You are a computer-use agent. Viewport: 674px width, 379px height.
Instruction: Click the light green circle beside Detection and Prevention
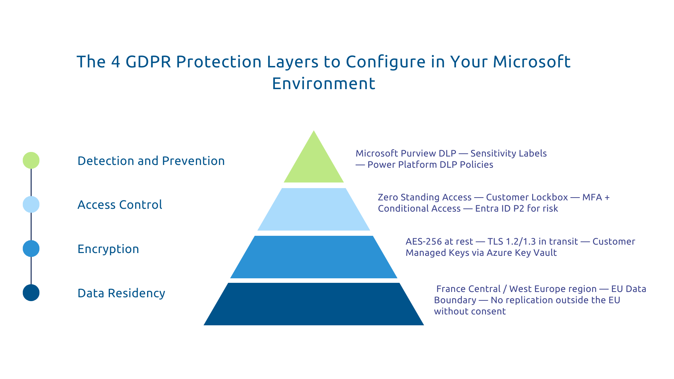(31, 160)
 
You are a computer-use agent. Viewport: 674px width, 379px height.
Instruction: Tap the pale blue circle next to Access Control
(31, 204)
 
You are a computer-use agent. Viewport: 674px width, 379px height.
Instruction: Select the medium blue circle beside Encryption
(31, 248)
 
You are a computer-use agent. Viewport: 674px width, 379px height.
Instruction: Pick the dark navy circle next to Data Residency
(31, 293)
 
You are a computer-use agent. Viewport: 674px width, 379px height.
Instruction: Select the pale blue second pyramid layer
(313, 210)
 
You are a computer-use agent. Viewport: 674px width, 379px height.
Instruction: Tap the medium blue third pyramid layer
(313, 257)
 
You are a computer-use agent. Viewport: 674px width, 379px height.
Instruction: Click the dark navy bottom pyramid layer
(313, 304)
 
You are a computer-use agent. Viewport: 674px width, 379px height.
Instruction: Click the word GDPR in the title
(148, 62)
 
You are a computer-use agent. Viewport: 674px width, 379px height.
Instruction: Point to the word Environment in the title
(324, 84)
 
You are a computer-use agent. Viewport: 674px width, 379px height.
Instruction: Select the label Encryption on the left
(108, 249)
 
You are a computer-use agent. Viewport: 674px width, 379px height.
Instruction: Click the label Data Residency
(121, 293)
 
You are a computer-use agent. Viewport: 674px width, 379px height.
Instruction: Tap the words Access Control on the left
(120, 205)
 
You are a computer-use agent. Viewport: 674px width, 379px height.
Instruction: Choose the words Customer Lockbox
(527, 197)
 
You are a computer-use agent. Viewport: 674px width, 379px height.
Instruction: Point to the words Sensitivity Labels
(508, 153)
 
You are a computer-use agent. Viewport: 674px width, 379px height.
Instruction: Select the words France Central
(468, 289)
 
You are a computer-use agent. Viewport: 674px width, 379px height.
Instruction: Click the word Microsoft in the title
(531, 62)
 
